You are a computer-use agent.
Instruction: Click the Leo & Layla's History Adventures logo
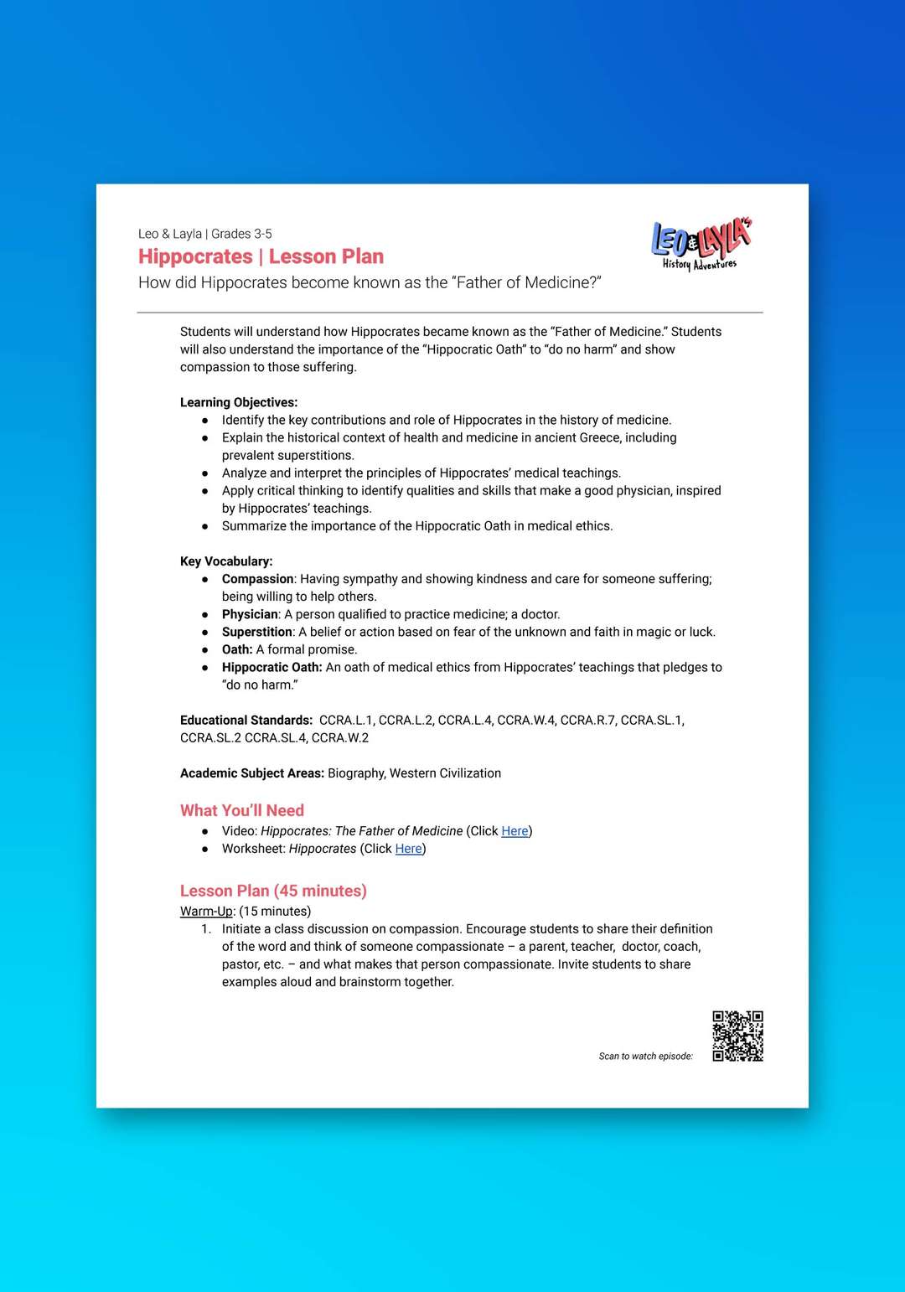[x=701, y=245]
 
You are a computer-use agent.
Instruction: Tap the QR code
[x=737, y=1036]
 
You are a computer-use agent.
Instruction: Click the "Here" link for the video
[x=515, y=831]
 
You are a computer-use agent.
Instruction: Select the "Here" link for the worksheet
[x=408, y=849]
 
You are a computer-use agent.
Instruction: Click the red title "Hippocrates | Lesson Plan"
[x=261, y=256]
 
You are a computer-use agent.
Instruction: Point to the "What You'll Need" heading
[x=242, y=810]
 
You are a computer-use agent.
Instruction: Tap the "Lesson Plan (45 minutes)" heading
[x=273, y=891]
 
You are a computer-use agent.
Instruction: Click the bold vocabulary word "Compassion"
[x=257, y=579]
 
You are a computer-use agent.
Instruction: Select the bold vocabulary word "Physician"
[x=250, y=614]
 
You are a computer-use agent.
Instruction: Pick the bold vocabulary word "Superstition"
[x=256, y=632]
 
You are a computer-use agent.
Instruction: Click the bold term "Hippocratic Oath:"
[x=271, y=667]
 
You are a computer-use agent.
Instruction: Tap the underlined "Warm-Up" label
[x=206, y=911]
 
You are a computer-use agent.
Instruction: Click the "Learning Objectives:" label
[x=239, y=402]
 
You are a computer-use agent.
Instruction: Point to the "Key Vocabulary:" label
[x=226, y=561]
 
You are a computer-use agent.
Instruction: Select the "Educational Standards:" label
[x=246, y=720]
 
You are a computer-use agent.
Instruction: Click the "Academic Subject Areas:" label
[x=251, y=773]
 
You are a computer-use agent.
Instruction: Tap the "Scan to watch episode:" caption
[x=645, y=1057]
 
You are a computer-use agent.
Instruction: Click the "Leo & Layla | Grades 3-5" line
[x=205, y=234]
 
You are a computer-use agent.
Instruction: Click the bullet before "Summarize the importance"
[x=204, y=526]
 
